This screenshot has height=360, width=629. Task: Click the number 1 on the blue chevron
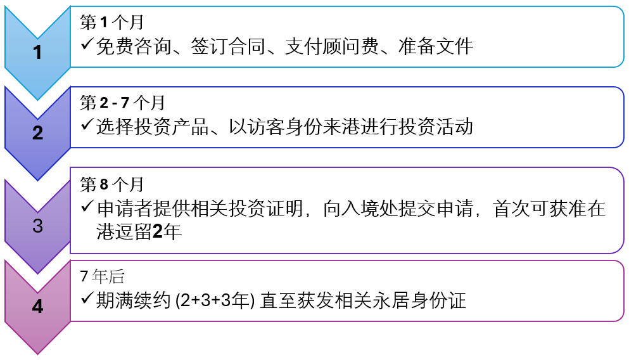click(37, 53)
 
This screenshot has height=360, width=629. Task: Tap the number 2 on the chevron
click(37, 133)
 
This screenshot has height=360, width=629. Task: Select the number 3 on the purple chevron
click(37, 226)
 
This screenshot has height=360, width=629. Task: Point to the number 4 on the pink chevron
click(37, 307)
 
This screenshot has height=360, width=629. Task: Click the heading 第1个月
click(111, 22)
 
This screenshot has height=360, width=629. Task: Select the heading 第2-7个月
click(122, 103)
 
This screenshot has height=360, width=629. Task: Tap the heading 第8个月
click(111, 184)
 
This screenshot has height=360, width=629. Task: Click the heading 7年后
click(102, 276)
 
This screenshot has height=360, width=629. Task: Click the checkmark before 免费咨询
click(87, 44)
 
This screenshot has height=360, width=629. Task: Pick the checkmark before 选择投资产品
click(87, 125)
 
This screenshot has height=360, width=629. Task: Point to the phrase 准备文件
click(436, 46)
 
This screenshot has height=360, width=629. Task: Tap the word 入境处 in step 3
click(351, 209)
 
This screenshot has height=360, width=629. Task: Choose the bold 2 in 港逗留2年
click(158, 232)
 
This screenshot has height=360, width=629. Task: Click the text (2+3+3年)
click(215, 300)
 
